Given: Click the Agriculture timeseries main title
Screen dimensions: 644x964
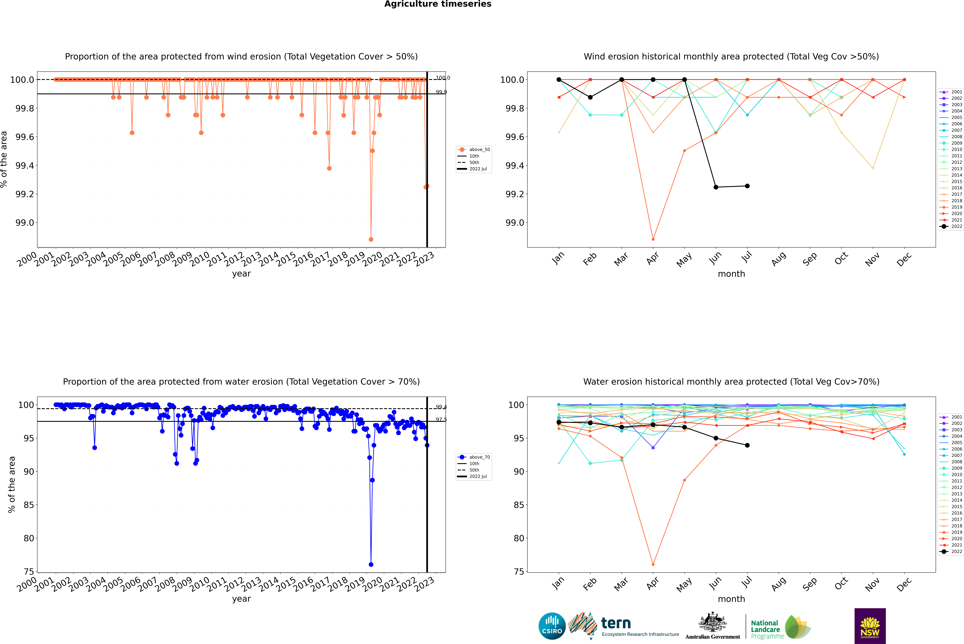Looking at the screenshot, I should pyautogui.click(x=438, y=4).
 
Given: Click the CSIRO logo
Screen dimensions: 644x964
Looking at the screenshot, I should pyautogui.click(x=552, y=626).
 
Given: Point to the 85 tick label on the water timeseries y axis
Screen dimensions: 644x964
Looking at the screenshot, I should pyautogui.click(x=29, y=505).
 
